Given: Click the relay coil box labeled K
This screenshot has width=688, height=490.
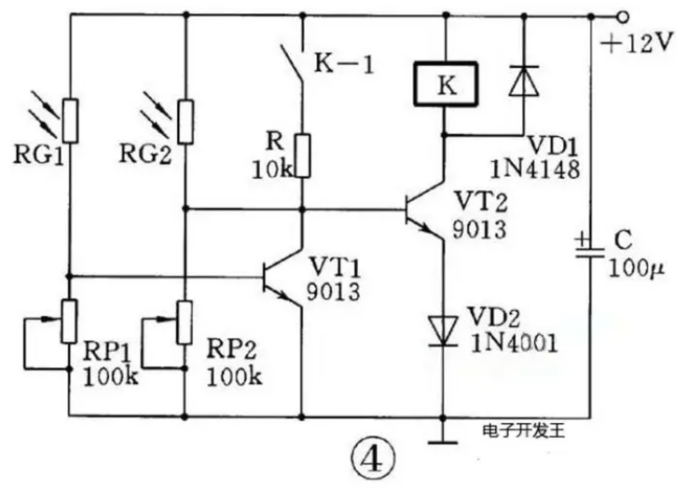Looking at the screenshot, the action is (x=446, y=84).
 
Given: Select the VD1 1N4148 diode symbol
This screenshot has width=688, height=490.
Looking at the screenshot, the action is (x=524, y=80).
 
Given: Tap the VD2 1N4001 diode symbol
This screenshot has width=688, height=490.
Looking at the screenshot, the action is (x=443, y=332).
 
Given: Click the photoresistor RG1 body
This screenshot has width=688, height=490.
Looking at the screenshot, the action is (x=70, y=121).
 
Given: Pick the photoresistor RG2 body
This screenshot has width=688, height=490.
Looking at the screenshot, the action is (x=186, y=121).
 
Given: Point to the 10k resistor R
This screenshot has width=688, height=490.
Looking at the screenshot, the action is (x=302, y=156).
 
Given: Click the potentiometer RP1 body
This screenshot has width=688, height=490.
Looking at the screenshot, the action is (x=69, y=321).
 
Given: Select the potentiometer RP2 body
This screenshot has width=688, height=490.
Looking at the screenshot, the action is (x=185, y=322).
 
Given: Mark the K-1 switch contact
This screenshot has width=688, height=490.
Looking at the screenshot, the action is (x=292, y=63).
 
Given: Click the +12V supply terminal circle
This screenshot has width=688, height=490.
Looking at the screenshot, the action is (x=622, y=17).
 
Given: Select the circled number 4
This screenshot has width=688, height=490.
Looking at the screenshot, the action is (x=374, y=460).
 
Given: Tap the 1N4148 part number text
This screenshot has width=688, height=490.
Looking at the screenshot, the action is (x=535, y=170).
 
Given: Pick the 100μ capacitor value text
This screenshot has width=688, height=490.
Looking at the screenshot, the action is (x=636, y=267).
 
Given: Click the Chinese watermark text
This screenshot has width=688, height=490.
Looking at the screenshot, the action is (x=524, y=431).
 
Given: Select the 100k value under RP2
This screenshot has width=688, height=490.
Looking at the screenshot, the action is (x=234, y=376).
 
